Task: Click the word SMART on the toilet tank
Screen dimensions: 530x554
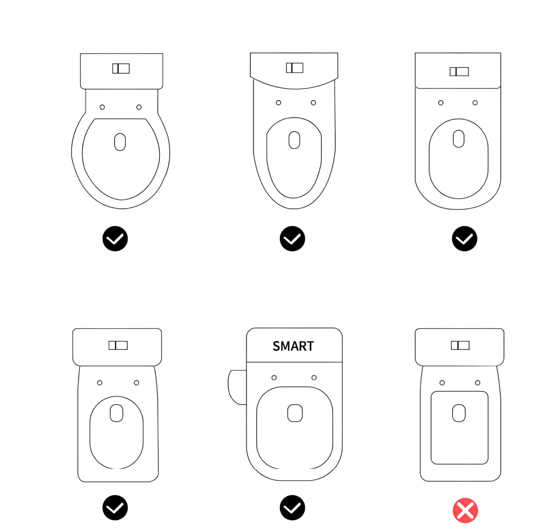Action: [x=293, y=346]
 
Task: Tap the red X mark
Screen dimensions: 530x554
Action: [x=465, y=511]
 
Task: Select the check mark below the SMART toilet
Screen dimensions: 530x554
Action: [x=292, y=508]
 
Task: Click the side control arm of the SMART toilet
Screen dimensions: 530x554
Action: [x=237, y=387]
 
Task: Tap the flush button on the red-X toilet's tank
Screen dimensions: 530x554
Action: [x=460, y=345]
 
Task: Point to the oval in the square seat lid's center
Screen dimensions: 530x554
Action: [x=459, y=413]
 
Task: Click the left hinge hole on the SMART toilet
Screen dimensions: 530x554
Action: [x=274, y=378]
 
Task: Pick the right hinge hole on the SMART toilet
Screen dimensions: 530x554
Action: [x=314, y=378]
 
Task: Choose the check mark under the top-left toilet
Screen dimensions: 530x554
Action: [x=115, y=239]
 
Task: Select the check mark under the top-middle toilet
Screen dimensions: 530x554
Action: [x=292, y=239]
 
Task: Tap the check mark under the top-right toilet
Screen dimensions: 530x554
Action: [x=464, y=239]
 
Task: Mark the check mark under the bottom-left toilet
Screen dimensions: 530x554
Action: [x=115, y=508]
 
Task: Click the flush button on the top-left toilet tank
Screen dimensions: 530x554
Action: [x=121, y=68]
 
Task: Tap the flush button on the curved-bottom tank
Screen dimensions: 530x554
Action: [x=295, y=68]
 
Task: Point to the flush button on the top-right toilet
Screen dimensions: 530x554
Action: [x=459, y=72]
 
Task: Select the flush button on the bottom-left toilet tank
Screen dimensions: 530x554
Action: [x=118, y=345]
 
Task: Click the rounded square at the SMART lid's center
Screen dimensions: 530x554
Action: [x=295, y=413]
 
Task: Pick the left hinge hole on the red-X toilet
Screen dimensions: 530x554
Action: [x=442, y=383]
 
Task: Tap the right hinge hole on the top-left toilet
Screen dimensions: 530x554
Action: [x=139, y=107]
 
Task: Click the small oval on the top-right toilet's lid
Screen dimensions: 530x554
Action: [x=458, y=139]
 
